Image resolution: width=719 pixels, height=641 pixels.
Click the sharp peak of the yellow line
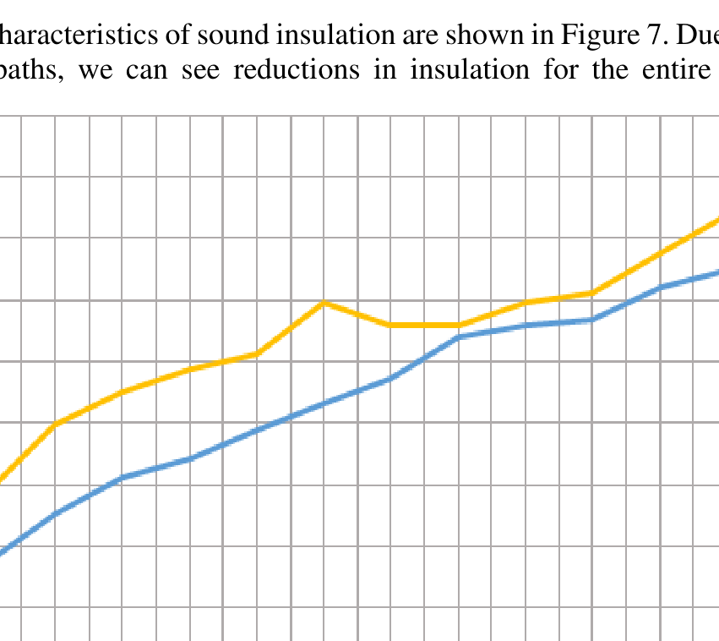324,302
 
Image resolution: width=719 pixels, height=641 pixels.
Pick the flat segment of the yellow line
425,325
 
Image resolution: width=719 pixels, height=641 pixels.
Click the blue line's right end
716,272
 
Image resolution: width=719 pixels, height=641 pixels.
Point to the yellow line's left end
3,480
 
